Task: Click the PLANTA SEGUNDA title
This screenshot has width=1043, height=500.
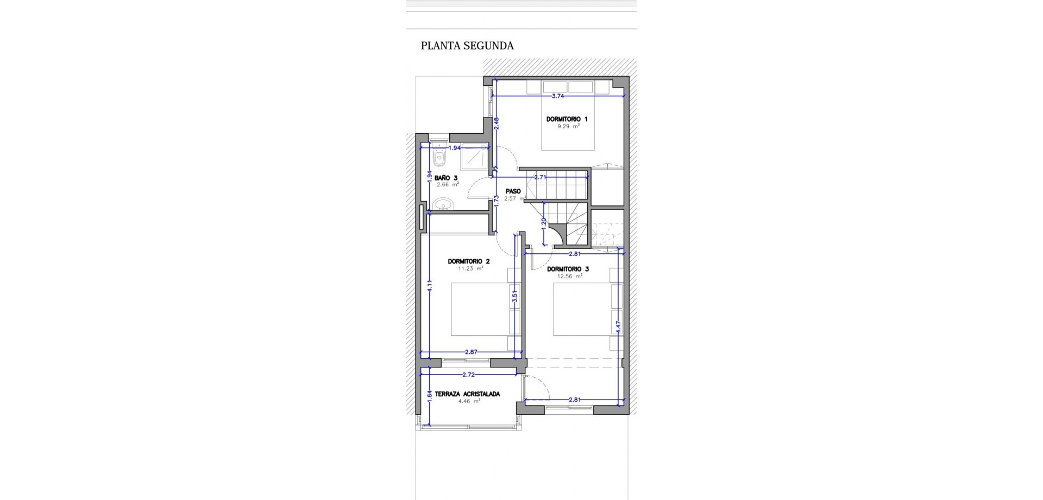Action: pyautogui.click(x=467, y=46)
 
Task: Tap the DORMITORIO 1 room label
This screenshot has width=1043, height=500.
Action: pyautogui.click(x=567, y=119)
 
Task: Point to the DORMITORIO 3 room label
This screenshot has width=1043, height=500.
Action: pyautogui.click(x=568, y=269)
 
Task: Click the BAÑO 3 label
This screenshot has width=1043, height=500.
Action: pyautogui.click(x=446, y=178)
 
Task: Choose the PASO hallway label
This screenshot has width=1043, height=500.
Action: pyautogui.click(x=513, y=191)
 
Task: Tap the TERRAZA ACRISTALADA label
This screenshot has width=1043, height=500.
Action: pyautogui.click(x=467, y=394)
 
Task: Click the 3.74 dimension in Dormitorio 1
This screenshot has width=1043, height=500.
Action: pyautogui.click(x=558, y=96)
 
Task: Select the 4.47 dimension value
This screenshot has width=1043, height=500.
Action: pyautogui.click(x=618, y=327)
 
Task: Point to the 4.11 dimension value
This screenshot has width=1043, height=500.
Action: pyautogui.click(x=429, y=286)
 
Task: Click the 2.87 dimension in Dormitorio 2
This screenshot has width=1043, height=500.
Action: pyautogui.click(x=471, y=352)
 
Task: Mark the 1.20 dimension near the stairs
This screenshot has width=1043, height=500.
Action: pyautogui.click(x=544, y=223)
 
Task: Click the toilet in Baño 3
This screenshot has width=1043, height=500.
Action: pyautogui.click(x=440, y=158)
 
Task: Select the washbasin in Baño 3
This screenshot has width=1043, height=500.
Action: pyautogui.click(x=444, y=204)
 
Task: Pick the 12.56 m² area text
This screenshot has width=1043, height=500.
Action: pyautogui.click(x=569, y=276)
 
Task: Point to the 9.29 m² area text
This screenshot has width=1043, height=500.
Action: pyautogui.click(x=568, y=126)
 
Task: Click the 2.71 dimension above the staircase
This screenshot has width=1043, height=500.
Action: pyautogui.click(x=539, y=177)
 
